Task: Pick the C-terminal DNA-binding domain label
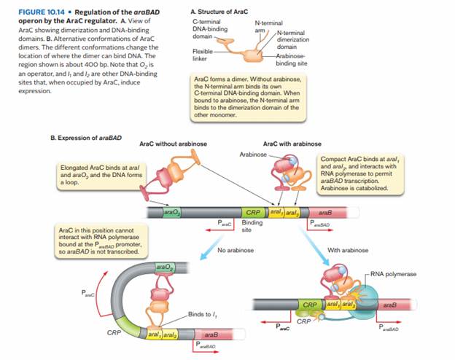207,30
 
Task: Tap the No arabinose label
236,249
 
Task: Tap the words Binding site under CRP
252,224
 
